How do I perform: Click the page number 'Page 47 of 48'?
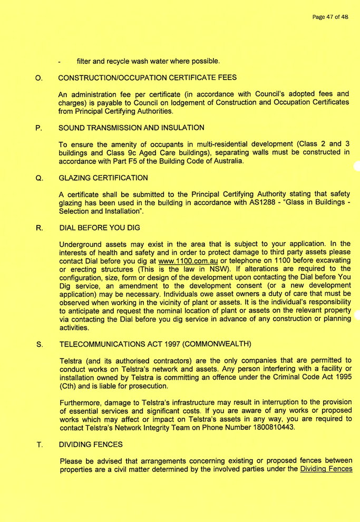(330, 17)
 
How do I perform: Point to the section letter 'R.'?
(38, 230)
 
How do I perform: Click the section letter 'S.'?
(38, 316)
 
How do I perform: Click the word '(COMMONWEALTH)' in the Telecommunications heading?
(217, 316)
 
